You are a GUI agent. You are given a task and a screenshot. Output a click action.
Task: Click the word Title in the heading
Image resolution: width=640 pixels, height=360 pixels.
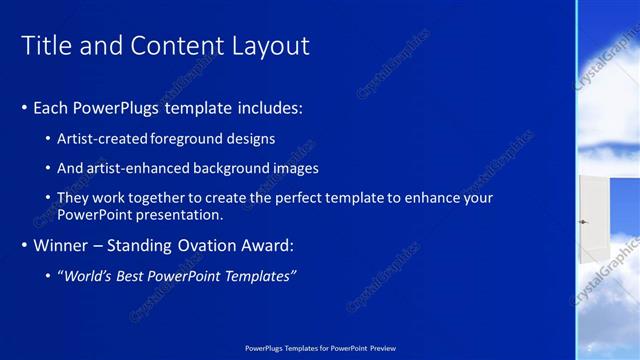44,46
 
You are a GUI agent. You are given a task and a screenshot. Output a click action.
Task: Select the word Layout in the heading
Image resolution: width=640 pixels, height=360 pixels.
270,46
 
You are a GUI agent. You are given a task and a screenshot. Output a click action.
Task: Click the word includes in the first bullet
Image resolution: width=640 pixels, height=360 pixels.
271,107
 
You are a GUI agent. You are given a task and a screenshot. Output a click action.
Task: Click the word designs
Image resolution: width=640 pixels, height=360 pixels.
251,138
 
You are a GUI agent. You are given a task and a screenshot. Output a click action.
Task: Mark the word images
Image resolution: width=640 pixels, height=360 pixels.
297,168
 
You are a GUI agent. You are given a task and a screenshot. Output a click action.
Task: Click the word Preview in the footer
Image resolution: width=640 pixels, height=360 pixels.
382,347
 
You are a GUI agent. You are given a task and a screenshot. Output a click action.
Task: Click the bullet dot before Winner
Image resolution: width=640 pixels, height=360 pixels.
25,246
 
